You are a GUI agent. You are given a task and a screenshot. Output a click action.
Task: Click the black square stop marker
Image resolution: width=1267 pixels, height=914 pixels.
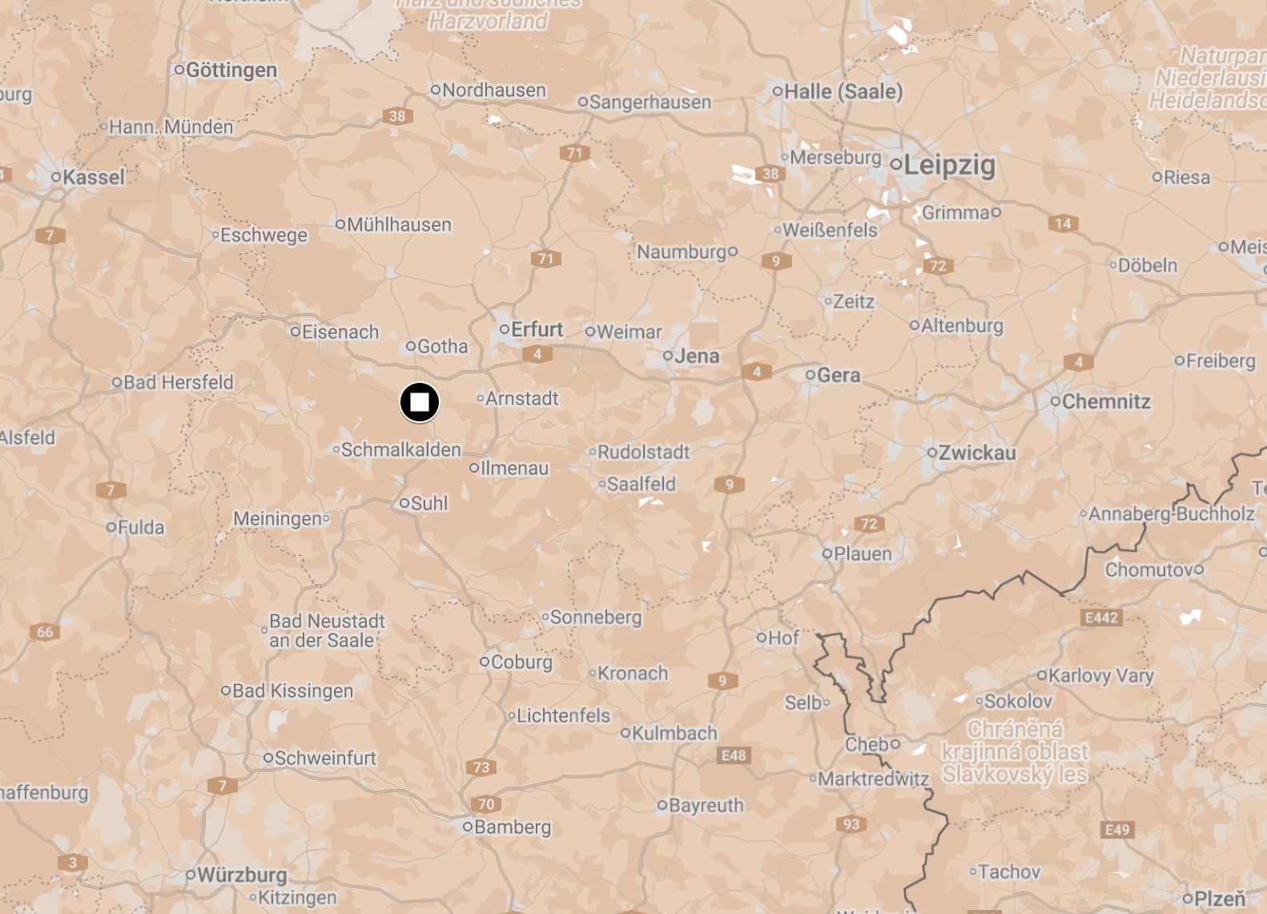[x=420, y=402]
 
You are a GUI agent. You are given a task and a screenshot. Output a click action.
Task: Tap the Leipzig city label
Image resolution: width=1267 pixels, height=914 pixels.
[x=949, y=166]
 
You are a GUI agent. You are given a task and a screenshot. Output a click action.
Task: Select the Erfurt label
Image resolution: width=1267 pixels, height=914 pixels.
[x=537, y=329]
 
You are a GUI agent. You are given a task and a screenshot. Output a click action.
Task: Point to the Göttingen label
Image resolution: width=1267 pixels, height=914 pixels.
[x=231, y=70]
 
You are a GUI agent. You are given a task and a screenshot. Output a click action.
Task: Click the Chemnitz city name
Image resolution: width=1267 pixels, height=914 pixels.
[x=1105, y=401]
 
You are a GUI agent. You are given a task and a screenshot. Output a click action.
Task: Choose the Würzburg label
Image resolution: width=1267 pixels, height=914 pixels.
[x=241, y=875]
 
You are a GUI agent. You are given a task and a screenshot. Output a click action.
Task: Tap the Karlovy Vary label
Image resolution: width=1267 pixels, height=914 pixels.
[x=1100, y=675]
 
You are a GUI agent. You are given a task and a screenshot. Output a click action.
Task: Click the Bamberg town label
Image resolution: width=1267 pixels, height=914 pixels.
[x=512, y=827]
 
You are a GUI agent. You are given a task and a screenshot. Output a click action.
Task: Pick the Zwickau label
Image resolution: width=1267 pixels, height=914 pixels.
[x=976, y=453]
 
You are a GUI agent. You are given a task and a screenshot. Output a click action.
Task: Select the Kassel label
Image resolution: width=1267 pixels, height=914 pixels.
[x=93, y=177]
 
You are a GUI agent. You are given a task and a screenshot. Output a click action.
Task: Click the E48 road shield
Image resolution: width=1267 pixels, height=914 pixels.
[x=734, y=755]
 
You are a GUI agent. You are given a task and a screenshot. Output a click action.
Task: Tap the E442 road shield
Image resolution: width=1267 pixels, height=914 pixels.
[x=1101, y=618]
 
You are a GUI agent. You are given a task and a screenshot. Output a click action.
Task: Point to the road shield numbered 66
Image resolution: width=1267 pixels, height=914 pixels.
[x=45, y=632]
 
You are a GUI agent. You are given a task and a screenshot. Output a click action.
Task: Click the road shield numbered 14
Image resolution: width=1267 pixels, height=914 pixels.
[x=1063, y=223]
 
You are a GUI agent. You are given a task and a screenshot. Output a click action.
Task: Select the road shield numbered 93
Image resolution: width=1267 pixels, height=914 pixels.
[x=851, y=824]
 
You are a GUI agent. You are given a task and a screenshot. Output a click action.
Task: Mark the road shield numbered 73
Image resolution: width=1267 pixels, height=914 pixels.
[x=481, y=767]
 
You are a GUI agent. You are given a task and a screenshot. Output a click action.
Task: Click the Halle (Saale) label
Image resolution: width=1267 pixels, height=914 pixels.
[x=843, y=92]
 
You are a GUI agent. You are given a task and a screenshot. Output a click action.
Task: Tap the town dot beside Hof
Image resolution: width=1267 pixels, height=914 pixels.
[x=762, y=638]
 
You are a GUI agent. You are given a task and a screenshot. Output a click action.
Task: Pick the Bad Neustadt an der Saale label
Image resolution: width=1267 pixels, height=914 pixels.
[x=326, y=630]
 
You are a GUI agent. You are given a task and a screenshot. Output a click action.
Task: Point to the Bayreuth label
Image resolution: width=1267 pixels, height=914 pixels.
[x=706, y=805]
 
